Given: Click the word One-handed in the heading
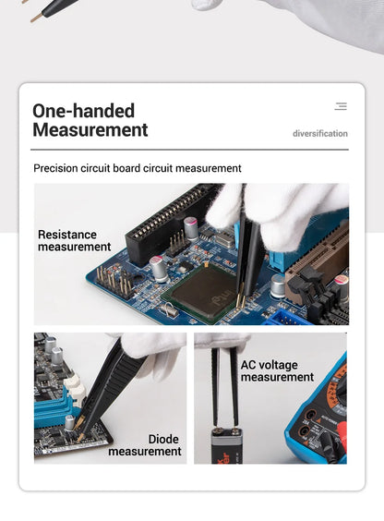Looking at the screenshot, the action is (x=84, y=111).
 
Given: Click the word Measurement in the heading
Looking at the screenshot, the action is (x=90, y=129).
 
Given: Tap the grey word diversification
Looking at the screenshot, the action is (x=320, y=134).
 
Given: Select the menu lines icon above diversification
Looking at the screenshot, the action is (x=341, y=106).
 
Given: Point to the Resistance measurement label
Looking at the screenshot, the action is (x=75, y=240).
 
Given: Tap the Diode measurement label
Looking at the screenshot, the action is (x=145, y=445).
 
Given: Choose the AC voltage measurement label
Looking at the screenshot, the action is (x=277, y=370).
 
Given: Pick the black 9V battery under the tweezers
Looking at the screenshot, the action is (x=227, y=446).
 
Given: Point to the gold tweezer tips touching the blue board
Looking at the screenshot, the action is (x=241, y=297).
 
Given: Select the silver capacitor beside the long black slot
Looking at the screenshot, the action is (x=191, y=228).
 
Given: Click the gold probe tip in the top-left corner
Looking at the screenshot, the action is (x=37, y=18).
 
